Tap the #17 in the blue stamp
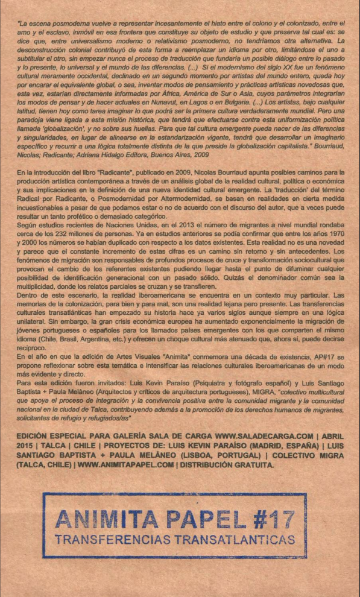pos(271,518)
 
